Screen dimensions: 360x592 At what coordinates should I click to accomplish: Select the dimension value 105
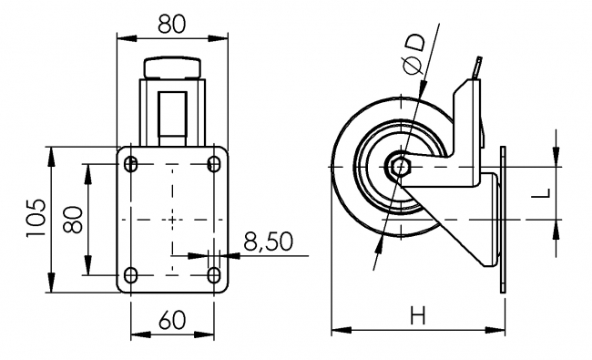[x=34, y=219]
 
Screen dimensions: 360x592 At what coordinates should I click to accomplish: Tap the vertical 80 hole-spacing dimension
[x=75, y=219]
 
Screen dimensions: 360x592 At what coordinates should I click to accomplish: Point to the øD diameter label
[x=413, y=53]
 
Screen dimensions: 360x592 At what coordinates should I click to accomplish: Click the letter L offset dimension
[x=540, y=194]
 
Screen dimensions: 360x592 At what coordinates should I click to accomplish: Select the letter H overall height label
[x=418, y=316]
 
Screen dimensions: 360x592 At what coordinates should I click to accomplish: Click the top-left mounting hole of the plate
[x=130, y=164]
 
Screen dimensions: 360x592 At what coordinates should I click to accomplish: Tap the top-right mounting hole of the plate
[x=214, y=164]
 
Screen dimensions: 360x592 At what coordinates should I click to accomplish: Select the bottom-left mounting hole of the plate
[x=130, y=274]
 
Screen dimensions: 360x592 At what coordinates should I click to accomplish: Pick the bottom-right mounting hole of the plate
[x=214, y=274]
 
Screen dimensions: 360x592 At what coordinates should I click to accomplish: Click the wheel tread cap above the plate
[x=172, y=67]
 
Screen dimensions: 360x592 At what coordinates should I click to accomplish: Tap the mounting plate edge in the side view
[x=502, y=219]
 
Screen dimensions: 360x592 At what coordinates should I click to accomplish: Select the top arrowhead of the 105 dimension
[x=49, y=151]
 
